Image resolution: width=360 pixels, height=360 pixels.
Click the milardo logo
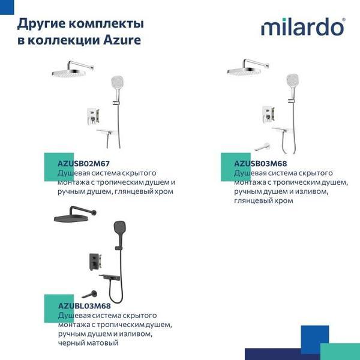(302, 28)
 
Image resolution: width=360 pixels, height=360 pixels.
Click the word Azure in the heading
(124, 41)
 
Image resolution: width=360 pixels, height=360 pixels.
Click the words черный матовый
(88, 343)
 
